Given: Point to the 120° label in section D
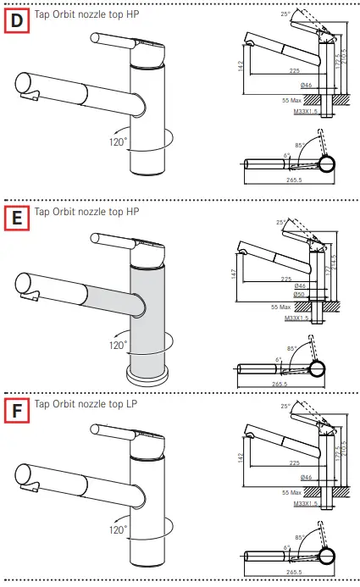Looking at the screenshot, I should [118, 141].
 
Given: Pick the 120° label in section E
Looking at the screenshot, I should [118, 345].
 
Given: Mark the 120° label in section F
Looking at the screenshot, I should [118, 531].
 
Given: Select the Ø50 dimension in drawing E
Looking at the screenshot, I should [299, 295].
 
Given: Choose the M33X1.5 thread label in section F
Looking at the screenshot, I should [306, 503].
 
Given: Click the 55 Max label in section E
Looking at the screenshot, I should [280, 307].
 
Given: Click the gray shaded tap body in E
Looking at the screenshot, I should [148, 313].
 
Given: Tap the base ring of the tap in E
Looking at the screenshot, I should [149, 371].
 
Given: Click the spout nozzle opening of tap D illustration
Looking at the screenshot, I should [25, 86].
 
